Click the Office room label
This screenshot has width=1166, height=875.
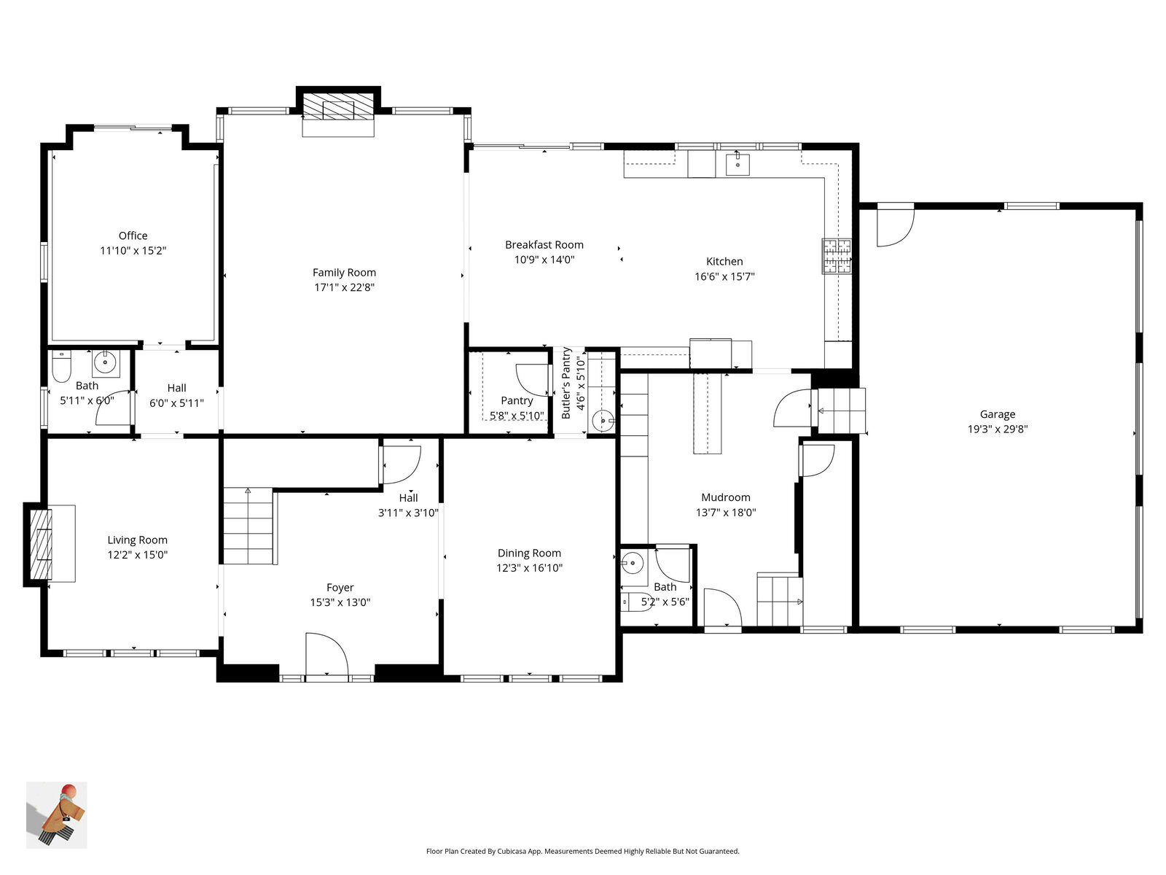pyautogui.click(x=133, y=236)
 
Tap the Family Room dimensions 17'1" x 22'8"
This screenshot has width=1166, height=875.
pyautogui.click(x=344, y=287)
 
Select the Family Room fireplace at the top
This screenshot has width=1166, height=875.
pyautogui.click(x=338, y=109)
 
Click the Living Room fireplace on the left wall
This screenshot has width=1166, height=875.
pyautogui.click(x=41, y=544)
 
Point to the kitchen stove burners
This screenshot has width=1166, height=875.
pyautogui.click(x=837, y=256)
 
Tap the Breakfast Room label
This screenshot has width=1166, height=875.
pyautogui.click(x=544, y=245)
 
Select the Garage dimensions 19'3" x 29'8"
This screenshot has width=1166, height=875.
pyautogui.click(x=997, y=429)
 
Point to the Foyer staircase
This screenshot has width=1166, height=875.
pyautogui.click(x=248, y=526)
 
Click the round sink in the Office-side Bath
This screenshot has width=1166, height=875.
pyautogui.click(x=105, y=362)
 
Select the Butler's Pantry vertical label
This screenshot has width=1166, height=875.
pyautogui.click(x=566, y=384)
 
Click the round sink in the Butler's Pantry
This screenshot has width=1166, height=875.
pyautogui.click(x=603, y=421)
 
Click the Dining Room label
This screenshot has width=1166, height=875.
pyautogui.click(x=529, y=553)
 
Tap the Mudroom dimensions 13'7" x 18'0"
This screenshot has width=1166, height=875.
pyautogui.click(x=725, y=513)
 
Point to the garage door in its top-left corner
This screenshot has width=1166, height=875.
pyautogui.click(x=895, y=227)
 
